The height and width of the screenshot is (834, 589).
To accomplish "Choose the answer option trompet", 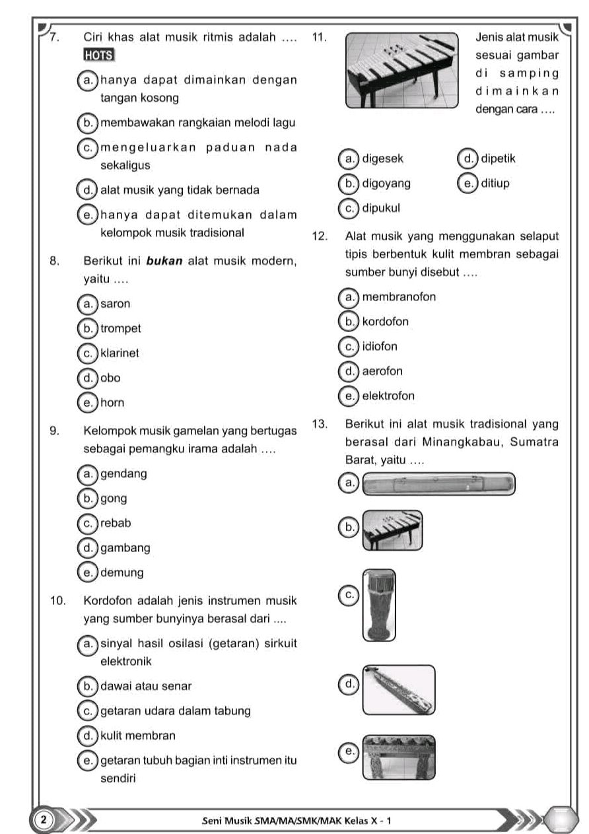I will coord(121,328).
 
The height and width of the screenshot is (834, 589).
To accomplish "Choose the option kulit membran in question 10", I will coord(138,734).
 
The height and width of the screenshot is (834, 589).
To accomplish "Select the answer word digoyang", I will coord(386,183).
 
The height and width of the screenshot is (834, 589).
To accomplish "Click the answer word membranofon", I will coord(398,296).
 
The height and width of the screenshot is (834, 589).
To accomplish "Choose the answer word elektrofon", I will coord(389,396).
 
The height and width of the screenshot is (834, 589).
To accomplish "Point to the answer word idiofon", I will coord(380,346).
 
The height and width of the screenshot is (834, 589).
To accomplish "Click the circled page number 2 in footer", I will coord(42,819).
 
